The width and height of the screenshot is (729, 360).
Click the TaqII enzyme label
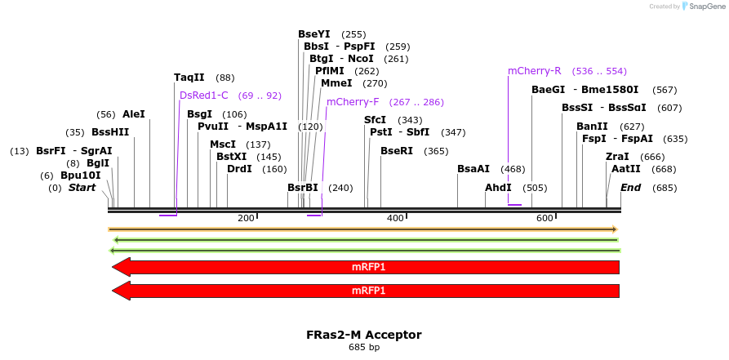click(189, 78)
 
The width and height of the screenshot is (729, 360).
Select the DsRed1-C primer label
click(203, 96)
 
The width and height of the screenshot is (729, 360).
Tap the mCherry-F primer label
click(353, 102)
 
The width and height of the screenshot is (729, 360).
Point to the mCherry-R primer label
click(535, 71)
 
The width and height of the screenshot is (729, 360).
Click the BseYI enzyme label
click(314, 34)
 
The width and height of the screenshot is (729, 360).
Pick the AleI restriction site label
click(133, 114)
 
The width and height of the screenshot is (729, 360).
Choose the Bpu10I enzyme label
click(80, 176)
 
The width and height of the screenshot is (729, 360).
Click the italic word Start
click(82, 188)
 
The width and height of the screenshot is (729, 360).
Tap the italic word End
click(630, 188)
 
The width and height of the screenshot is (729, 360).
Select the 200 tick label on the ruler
click(246, 219)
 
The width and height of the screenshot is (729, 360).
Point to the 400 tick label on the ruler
click(395, 219)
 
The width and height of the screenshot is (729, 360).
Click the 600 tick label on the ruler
click(545, 219)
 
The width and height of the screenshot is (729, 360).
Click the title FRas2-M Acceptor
click(364, 335)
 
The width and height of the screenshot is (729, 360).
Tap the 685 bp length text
click(364, 348)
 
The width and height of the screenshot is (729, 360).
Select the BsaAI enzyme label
click(473, 169)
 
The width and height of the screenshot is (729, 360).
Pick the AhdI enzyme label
click(498, 188)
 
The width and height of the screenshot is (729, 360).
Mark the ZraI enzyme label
click(617, 157)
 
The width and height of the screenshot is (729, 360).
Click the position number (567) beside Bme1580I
click(665, 90)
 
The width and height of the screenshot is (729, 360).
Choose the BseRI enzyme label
click(397, 151)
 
